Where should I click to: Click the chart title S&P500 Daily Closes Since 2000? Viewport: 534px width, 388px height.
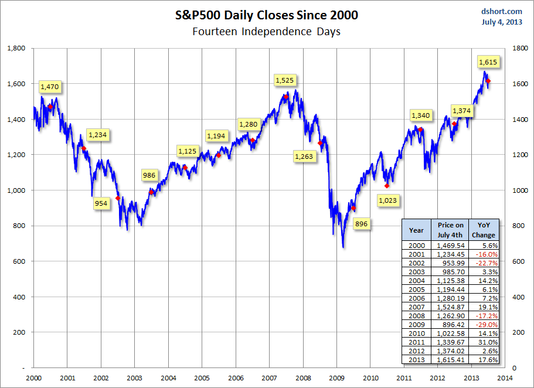coord(266,15)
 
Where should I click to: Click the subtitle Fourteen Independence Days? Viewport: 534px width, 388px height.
coord(266,32)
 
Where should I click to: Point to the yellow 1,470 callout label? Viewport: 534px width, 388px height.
coord(50,87)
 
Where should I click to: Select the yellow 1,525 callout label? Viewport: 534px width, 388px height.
coord(285,80)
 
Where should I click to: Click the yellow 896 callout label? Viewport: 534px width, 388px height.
coord(361,224)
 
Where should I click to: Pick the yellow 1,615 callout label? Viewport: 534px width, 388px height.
coord(488,62)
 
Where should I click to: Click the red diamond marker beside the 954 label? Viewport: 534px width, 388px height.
coord(118,198)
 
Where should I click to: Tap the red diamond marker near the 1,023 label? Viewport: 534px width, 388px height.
coord(386,186)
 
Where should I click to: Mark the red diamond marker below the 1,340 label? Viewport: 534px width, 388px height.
coord(420,130)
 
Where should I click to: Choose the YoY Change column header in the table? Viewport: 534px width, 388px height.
coord(484,230)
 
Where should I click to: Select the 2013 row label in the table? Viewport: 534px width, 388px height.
coord(416,360)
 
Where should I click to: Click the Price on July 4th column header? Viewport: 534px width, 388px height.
coord(450,230)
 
